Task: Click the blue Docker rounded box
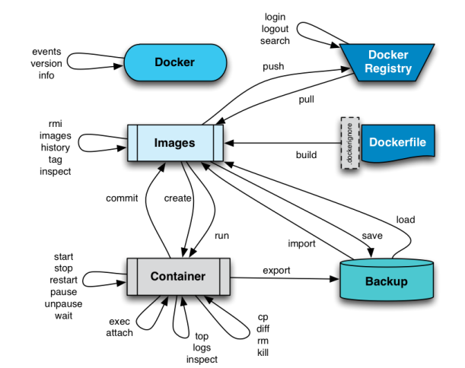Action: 174,62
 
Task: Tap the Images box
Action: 175,142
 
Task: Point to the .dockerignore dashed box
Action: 348,142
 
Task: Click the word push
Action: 272,67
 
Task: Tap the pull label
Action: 306,100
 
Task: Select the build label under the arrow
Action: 306,155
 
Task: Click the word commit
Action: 122,198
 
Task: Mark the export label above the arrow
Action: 277,270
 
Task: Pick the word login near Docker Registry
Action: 275,17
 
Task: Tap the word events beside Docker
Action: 46,51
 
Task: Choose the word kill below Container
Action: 263,354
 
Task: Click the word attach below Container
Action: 120,333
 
